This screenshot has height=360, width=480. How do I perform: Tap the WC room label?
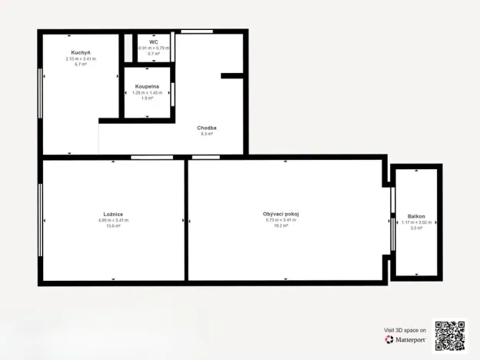pyautogui.click(x=154, y=42)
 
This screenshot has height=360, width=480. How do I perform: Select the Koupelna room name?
pyautogui.click(x=147, y=86)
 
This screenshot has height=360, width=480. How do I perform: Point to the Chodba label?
pyautogui.click(x=206, y=128)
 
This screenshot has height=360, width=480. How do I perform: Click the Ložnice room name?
pyautogui.click(x=113, y=214)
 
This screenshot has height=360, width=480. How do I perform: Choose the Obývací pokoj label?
pyautogui.click(x=281, y=214)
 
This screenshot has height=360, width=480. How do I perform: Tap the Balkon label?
pyautogui.click(x=417, y=217)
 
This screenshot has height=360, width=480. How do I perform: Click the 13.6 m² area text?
pyautogui.click(x=113, y=226)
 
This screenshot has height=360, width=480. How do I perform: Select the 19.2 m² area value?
pyautogui.click(x=281, y=226)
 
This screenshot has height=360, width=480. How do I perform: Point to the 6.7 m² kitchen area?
pyautogui.click(x=80, y=65)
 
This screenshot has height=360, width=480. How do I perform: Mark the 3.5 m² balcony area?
pyautogui.click(x=417, y=228)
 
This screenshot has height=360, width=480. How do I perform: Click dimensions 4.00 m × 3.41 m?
pyautogui.click(x=113, y=220)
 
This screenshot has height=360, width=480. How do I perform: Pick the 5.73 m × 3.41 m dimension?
pyautogui.click(x=281, y=220)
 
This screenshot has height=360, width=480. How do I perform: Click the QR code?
pyautogui.click(x=450, y=335)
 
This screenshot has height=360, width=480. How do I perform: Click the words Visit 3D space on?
pyautogui.click(x=405, y=330)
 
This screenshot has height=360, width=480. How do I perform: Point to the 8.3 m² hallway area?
pyautogui.click(x=206, y=134)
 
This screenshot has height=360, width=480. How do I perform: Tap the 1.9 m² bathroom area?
pyautogui.click(x=147, y=98)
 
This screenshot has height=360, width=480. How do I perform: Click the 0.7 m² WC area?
pyautogui.click(x=154, y=54)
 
